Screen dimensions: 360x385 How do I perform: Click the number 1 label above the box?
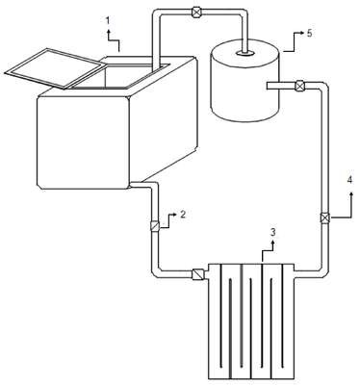pos(108,21)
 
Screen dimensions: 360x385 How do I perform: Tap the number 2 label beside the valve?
pos(182,214)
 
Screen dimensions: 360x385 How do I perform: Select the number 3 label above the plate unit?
pos(272,232)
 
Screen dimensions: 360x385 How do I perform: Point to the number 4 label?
pos(349,180)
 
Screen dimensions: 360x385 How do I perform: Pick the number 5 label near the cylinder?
pos(309,34)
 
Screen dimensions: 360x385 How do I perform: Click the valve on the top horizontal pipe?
pos(195,13)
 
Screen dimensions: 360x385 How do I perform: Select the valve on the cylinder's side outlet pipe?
pos(299,86)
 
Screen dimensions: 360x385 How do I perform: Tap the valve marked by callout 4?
pos(325,218)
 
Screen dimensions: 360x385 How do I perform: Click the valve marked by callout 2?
pos(155,226)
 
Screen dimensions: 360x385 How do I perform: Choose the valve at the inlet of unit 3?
pos(197,274)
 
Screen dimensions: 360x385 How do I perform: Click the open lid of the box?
pos(56,68)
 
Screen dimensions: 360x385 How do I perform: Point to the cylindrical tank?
pos(244,80)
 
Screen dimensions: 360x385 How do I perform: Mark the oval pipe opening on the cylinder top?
pos(245,53)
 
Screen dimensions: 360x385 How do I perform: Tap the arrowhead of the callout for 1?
pos(108,31)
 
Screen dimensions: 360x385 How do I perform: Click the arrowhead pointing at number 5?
pos(302,33)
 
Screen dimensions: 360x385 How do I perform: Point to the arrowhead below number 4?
pos(351,194)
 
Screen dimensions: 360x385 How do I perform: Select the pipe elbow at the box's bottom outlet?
pos(152,187)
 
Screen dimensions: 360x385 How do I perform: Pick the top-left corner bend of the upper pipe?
pos(157,14)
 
